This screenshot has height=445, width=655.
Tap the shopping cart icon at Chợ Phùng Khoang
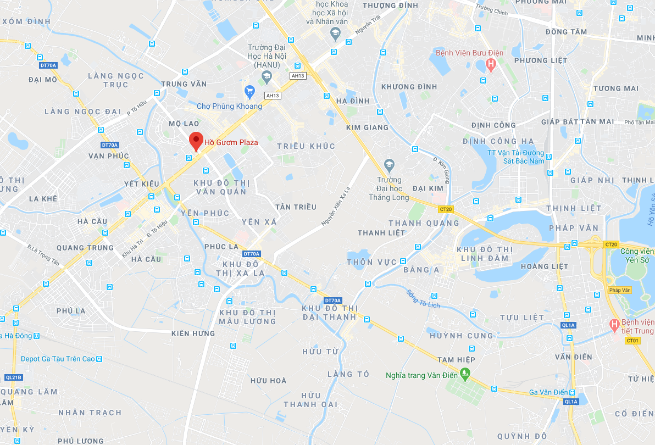(x=249, y=91)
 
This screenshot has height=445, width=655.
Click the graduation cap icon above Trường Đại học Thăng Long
(x=389, y=164)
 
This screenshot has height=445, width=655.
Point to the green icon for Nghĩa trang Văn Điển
(x=465, y=376)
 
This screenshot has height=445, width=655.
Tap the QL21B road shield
(x=13, y=377)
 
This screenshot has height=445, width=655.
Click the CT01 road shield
(x=632, y=341)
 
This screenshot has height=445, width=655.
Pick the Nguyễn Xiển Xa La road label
(x=335, y=206)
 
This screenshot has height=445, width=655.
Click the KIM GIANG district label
(x=367, y=127)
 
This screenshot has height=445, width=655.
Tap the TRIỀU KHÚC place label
(x=306, y=146)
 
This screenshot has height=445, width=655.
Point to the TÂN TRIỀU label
(x=296, y=207)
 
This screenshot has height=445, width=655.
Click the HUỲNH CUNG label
(x=462, y=336)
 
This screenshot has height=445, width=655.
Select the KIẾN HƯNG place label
(x=193, y=333)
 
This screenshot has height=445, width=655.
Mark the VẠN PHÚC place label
(x=108, y=156)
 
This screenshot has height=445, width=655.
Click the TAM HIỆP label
(x=456, y=360)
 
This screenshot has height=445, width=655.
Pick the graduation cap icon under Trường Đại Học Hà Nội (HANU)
(x=267, y=76)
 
